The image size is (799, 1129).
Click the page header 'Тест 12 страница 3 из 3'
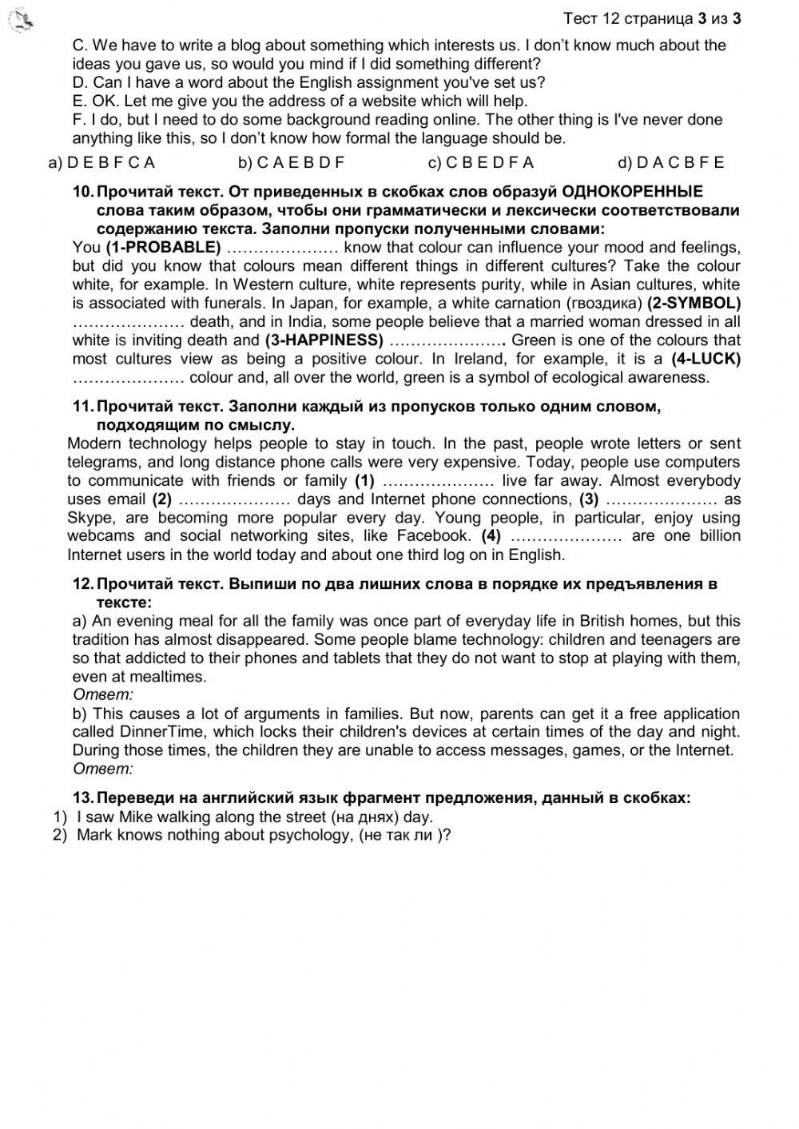pyautogui.click(x=651, y=18)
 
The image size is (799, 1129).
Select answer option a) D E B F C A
pyautogui.click(x=101, y=162)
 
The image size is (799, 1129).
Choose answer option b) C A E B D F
pyautogui.click(x=292, y=162)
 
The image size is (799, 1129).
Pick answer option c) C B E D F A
pyautogui.click(x=481, y=162)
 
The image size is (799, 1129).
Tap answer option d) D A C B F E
pyautogui.click(x=671, y=162)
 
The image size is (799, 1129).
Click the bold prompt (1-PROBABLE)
pyautogui.click(x=163, y=247)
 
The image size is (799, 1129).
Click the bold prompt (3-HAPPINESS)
pyautogui.click(x=324, y=340)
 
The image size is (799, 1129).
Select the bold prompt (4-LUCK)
pyautogui.click(x=706, y=359)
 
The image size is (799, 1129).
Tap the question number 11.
pyautogui.click(x=83, y=407)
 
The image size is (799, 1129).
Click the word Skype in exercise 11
pyautogui.click(x=89, y=518)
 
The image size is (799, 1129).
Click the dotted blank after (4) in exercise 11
pyautogui.click(x=566, y=536)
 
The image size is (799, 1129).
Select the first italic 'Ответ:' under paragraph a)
pyautogui.click(x=103, y=695)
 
